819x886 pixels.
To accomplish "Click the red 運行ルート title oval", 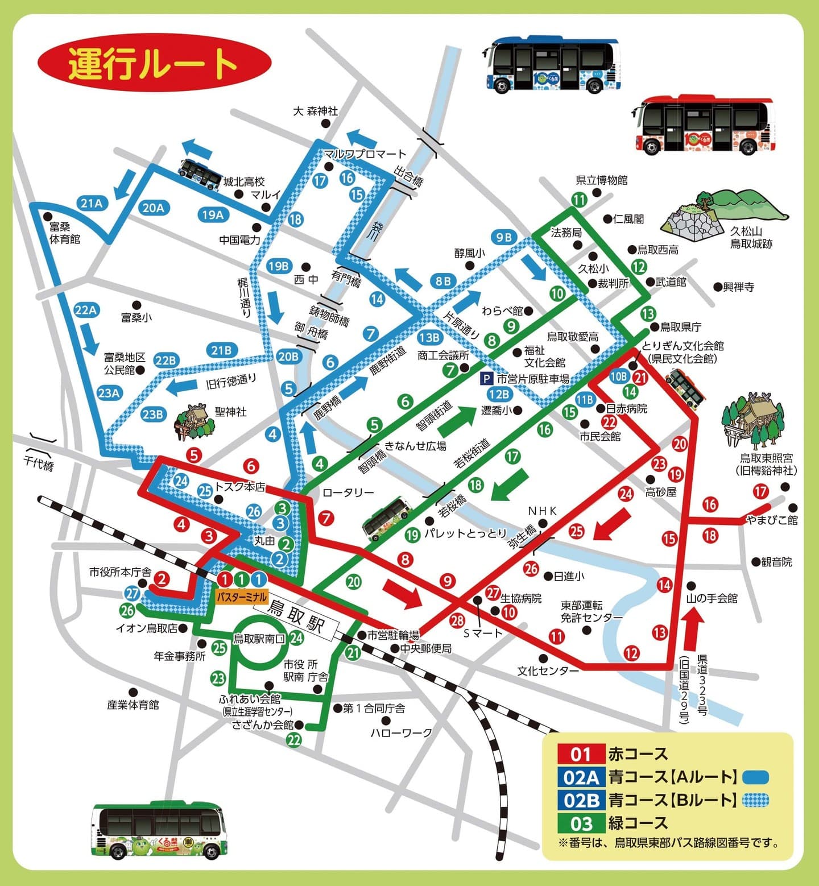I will point(154,63).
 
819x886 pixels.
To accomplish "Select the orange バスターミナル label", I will point(242,597).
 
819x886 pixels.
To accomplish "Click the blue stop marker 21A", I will point(91,203).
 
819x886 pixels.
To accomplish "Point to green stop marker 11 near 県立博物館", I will point(579,200).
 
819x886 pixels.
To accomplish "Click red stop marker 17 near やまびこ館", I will point(760,491).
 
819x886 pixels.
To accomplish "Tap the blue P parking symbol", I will point(487,378).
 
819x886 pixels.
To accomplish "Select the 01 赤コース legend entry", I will point(612,754).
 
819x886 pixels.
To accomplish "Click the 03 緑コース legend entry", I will point(612,823).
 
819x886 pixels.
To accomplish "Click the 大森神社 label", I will point(315,111).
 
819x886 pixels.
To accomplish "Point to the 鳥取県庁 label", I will point(680,327).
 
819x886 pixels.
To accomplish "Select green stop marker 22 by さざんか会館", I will point(293,740).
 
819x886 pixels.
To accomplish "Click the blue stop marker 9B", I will point(504,238).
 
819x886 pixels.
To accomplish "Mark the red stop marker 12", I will point(631,653).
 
